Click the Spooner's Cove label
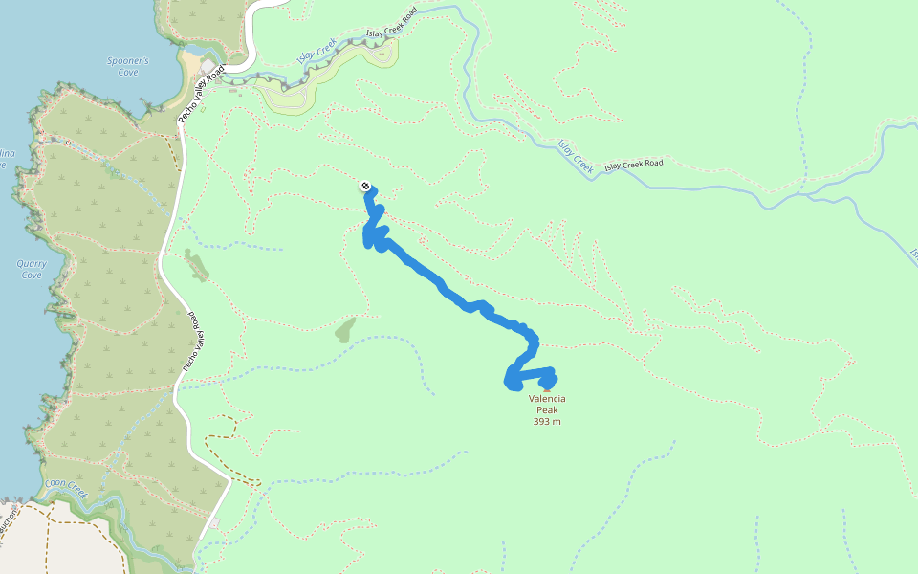[127, 66]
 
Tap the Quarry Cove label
[31, 269]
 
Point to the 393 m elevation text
[547, 421]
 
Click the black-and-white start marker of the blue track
[365, 186]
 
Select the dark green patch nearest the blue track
[344, 330]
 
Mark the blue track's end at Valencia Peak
[549, 384]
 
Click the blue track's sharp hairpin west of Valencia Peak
[509, 383]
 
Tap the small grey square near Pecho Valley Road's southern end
[215, 522]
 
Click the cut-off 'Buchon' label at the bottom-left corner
[9, 529]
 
